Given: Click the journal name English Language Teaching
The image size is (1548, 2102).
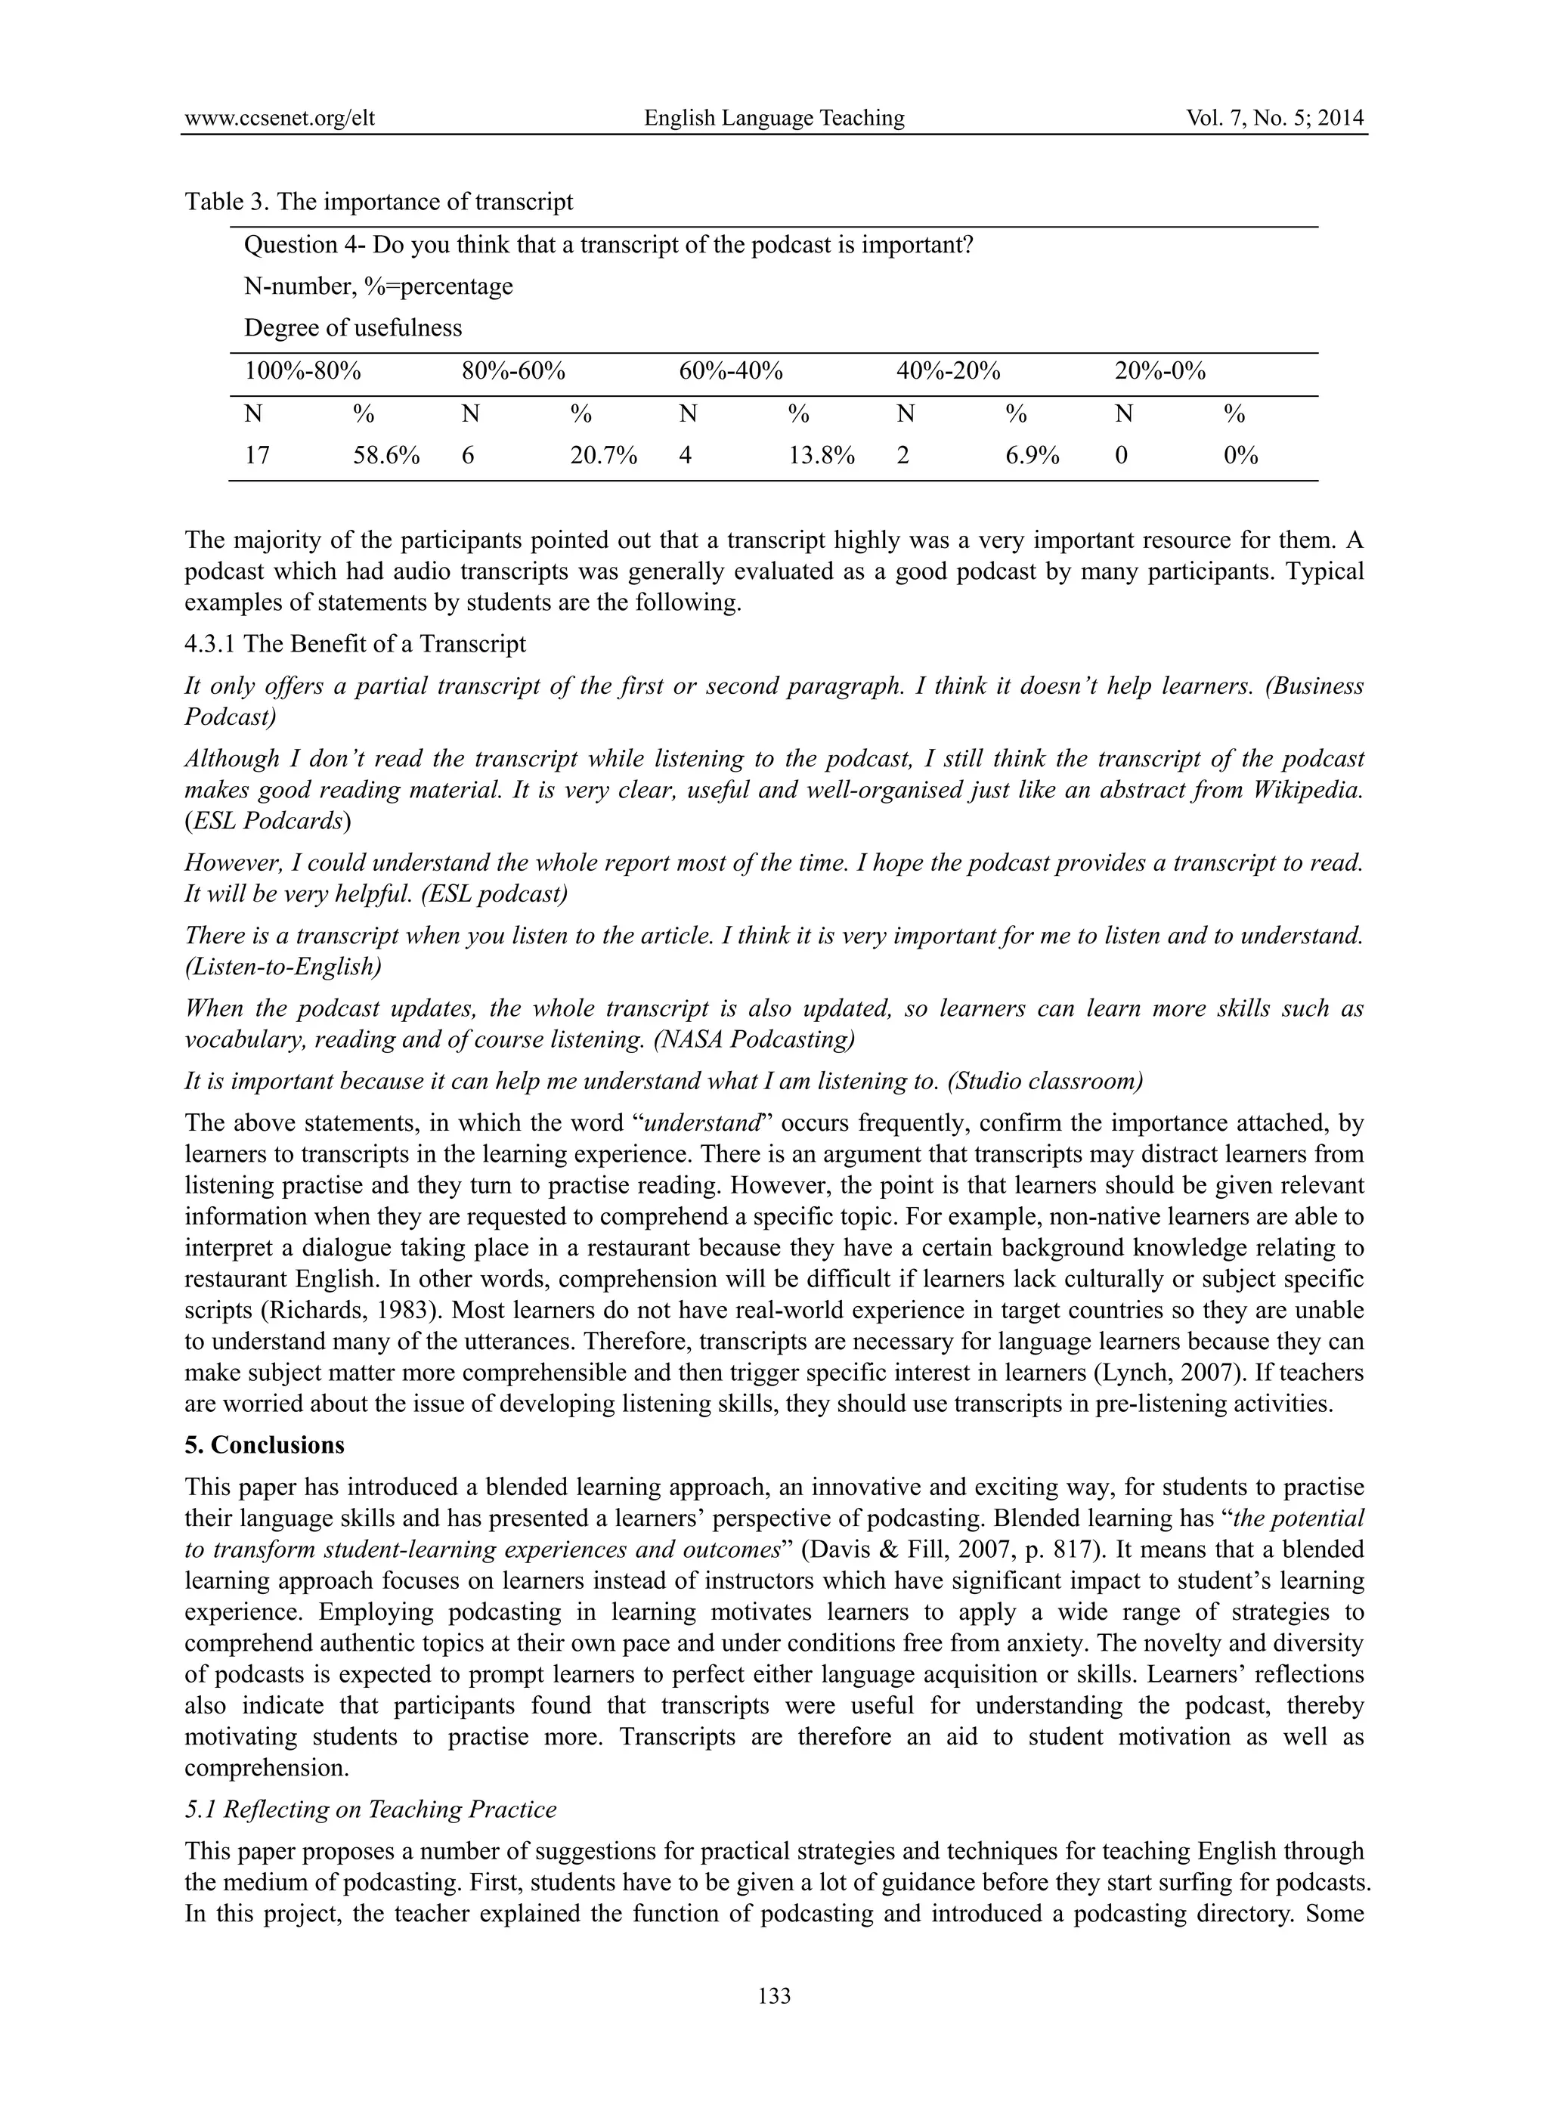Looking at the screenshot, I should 774,118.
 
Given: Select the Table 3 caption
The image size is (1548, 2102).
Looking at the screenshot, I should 379,202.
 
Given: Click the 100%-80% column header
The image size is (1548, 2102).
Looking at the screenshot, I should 302,371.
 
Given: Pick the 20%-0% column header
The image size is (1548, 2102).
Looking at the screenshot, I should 1159,371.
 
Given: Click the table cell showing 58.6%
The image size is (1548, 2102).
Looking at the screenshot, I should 386,457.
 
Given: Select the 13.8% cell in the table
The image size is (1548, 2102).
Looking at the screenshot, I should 821,457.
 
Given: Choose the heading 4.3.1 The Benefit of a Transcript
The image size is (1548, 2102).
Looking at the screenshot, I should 355,644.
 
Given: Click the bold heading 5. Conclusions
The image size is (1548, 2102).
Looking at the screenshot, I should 265,1445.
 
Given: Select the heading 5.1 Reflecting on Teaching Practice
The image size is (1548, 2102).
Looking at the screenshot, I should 370,1809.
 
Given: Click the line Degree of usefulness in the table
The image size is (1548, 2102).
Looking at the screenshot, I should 352,328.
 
